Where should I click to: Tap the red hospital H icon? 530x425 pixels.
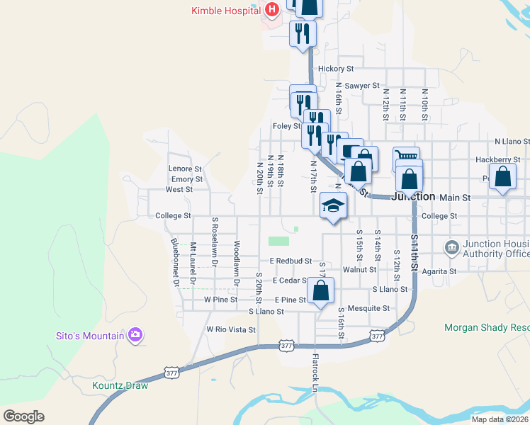tap(271, 10)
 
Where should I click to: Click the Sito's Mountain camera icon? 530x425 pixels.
tap(135, 335)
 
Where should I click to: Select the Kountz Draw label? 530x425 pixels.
tap(120, 386)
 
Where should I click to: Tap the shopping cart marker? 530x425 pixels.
tap(407, 157)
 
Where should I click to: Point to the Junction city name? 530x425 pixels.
tap(413, 197)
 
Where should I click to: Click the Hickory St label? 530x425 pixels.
tap(336, 69)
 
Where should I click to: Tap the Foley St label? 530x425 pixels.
tap(287, 126)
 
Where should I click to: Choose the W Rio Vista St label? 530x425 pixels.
tap(231, 329)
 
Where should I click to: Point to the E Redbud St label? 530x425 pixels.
tap(290, 261)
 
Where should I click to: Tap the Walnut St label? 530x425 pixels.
tap(359, 270)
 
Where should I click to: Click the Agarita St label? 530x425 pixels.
tap(439, 271)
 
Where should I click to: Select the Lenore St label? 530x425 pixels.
tap(185, 169)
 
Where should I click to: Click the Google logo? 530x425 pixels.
tap(24, 416)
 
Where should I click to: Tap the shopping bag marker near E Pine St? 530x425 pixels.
tap(320, 290)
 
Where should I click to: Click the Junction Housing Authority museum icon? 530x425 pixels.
tap(451, 248)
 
